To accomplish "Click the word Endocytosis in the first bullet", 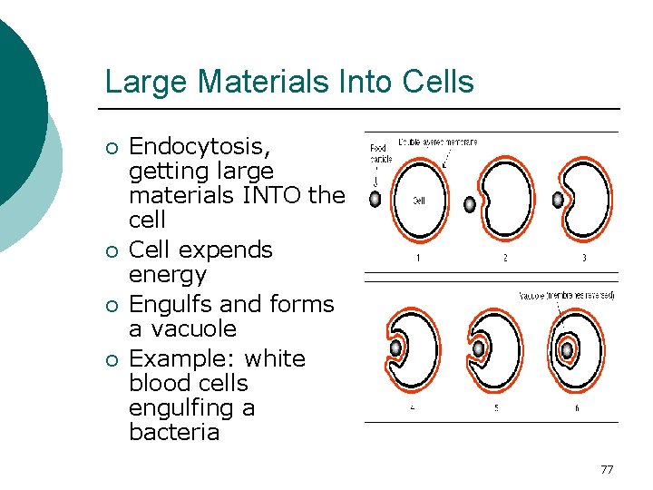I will click(x=200, y=147).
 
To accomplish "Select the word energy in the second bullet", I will click(x=168, y=274).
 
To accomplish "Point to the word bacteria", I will click(x=174, y=432).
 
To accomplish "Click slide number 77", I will click(x=607, y=469).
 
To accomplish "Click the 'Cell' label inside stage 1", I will click(x=419, y=201).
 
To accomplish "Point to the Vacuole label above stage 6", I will click(x=566, y=296).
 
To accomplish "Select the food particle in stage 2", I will click(x=469, y=204).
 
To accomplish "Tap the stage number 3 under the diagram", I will click(x=583, y=259).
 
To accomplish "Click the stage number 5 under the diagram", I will click(x=496, y=407).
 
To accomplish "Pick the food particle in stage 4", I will click(x=395, y=348).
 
